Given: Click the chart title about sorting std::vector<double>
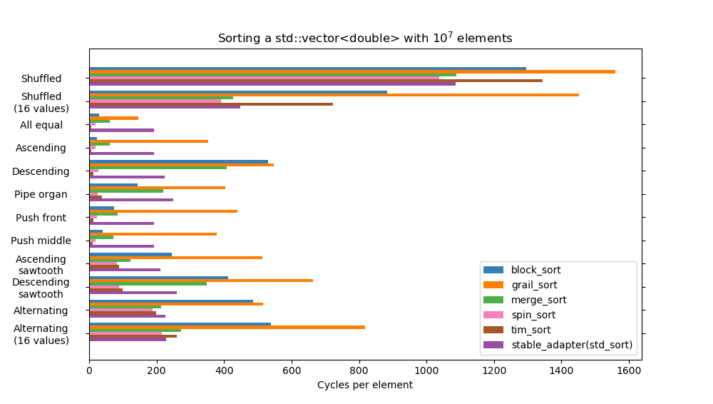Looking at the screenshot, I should pos(365,39).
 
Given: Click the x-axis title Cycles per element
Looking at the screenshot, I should pos(364,385).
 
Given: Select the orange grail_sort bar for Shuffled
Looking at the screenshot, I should pos(352,72).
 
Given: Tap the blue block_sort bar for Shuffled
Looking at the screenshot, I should pos(307,69).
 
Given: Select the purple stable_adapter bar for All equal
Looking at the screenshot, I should pos(121,130).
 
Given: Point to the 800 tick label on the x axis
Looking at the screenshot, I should pos(359,371).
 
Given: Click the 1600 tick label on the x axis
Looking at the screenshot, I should pos(628,371).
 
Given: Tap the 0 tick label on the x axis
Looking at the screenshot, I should pos(89,371).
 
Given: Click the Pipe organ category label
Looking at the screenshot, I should pos(41,195).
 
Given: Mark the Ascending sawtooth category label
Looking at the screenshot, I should pos(41,265).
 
